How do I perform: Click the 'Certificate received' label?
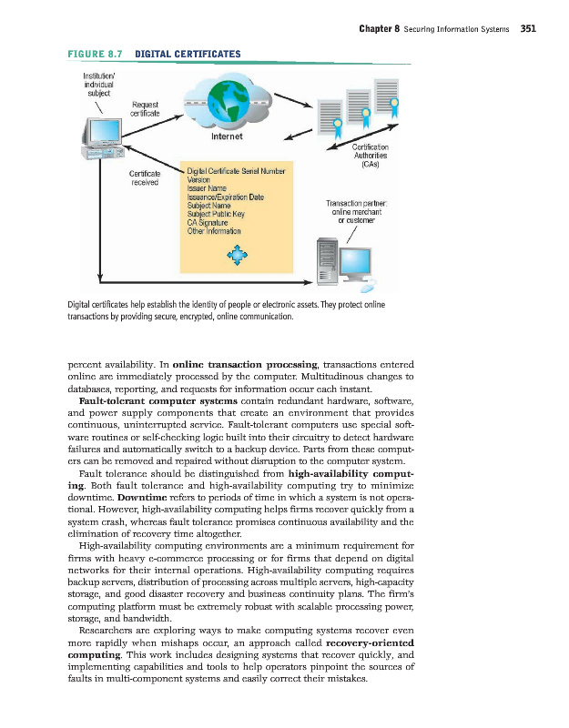click(146, 177)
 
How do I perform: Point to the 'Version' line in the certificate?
click(199, 180)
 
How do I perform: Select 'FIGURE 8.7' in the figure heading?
click(92, 54)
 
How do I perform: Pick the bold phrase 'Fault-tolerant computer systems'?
click(158, 399)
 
